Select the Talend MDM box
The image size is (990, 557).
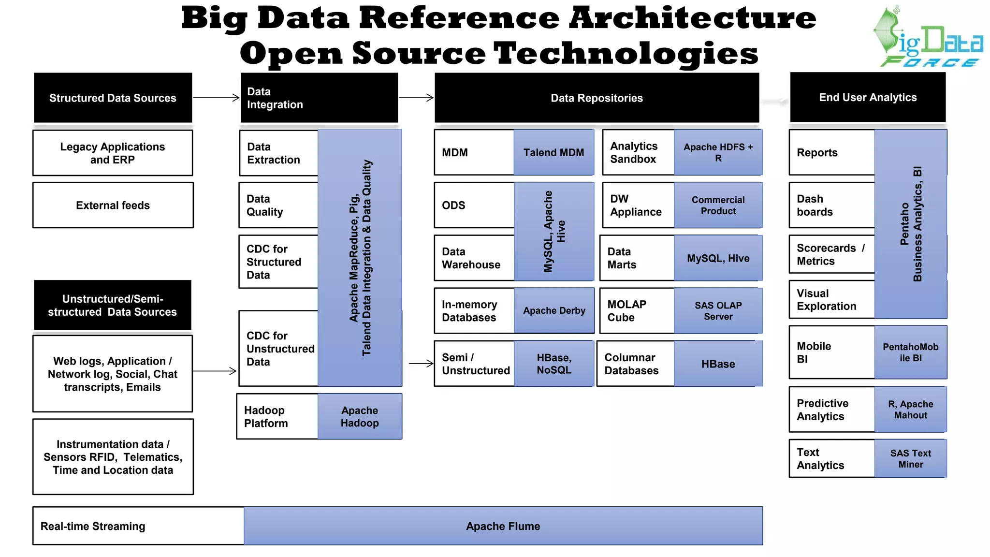[x=553, y=152]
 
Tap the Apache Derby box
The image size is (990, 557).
[x=554, y=310]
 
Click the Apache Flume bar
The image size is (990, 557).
[x=503, y=526]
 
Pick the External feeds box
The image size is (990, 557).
[x=113, y=205]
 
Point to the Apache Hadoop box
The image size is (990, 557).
[x=360, y=416]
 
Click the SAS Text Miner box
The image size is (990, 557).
[x=910, y=458]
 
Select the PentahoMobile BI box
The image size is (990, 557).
[x=910, y=352]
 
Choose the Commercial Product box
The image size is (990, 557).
[x=718, y=205]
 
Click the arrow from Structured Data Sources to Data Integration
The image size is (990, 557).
[x=216, y=98]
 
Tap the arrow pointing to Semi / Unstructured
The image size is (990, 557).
[x=421, y=363]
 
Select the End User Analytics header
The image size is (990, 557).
[x=868, y=97]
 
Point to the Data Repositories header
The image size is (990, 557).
[x=597, y=98]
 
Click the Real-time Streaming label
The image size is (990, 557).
[x=93, y=526]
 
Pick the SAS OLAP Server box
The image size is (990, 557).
[x=718, y=310]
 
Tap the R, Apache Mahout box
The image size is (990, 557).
[x=910, y=409]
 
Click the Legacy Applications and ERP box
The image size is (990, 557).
[x=113, y=153]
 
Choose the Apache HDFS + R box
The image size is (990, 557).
[x=718, y=152]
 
